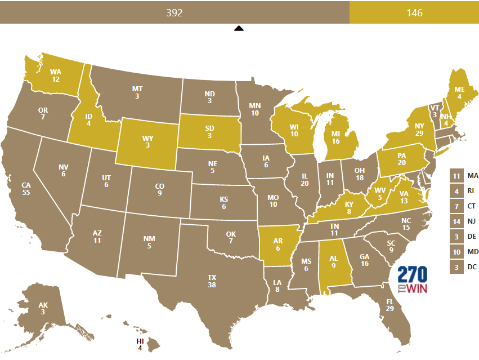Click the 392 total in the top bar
(x=174, y=12)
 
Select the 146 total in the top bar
(x=414, y=12)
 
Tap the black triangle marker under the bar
(x=239, y=28)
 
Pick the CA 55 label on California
(x=26, y=188)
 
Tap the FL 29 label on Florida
(x=390, y=305)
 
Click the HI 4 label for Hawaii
(x=140, y=344)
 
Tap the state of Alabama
(x=333, y=264)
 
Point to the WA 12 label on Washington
(x=55, y=75)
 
